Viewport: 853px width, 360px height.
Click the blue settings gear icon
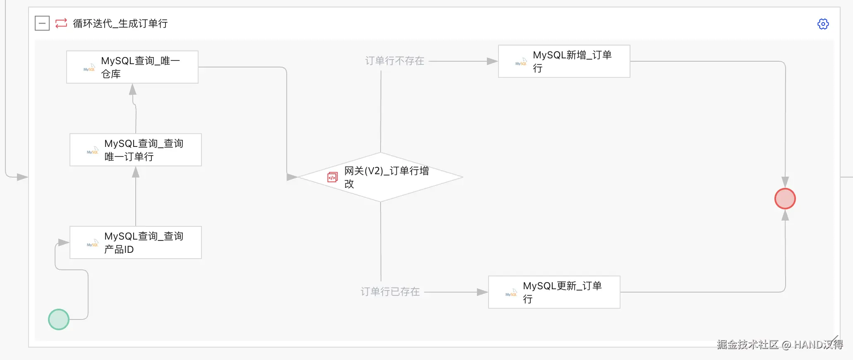[x=823, y=24]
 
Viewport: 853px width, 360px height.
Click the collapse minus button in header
[x=42, y=23]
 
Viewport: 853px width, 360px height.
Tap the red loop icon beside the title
[x=61, y=23]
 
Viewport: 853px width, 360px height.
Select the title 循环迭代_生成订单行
[x=120, y=24]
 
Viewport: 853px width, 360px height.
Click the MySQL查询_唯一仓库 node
[x=132, y=67]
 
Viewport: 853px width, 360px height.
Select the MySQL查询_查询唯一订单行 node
[x=136, y=150]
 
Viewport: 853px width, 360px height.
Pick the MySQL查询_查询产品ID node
[x=136, y=242]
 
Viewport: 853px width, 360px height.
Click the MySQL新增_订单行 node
[x=564, y=61]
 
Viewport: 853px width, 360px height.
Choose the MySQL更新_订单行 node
[x=554, y=292]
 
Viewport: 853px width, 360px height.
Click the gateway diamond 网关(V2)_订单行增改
[x=380, y=177]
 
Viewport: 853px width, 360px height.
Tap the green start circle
[x=59, y=319]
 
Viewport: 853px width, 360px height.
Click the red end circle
[x=785, y=199]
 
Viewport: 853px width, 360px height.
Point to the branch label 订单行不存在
[x=395, y=61]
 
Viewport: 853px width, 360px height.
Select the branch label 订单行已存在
[x=390, y=292]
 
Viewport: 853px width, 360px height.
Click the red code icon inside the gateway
[x=333, y=177]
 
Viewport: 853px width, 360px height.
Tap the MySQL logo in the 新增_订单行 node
[x=521, y=62]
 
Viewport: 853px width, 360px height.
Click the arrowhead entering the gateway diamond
[x=292, y=177]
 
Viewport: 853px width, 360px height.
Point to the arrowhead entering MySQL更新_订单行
[x=482, y=292]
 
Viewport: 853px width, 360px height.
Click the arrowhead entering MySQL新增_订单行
[x=492, y=61]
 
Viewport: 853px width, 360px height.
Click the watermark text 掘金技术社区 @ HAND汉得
[x=780, y=345]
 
